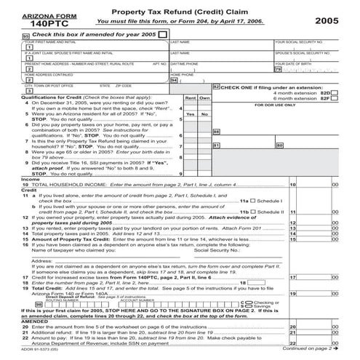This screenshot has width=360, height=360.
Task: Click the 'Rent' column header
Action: pos(188,97)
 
